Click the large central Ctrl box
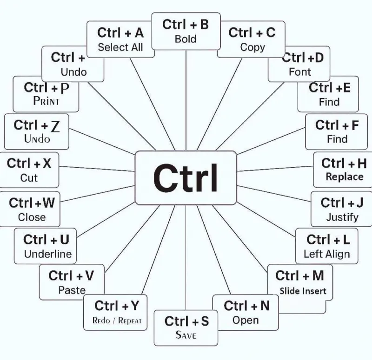[186, 178]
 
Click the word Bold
[186, 39]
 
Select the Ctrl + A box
[120, 39]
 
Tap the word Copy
[252, 47]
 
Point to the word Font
[300, 72]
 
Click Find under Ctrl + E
[329, 102]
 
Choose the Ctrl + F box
[336, 132]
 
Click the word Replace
[345, 177]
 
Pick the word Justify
[342, 217]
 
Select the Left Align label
[327, 254]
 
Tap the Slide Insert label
[303, 291]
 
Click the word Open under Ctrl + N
[246, 320]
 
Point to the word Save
[186, 335]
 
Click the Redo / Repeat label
[117, 321]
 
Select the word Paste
[72, 290]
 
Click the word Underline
[48, 254]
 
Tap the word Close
[32, 217]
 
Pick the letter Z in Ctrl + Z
[55, 126]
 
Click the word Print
[46, 101]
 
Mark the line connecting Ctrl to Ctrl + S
[186, 258]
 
